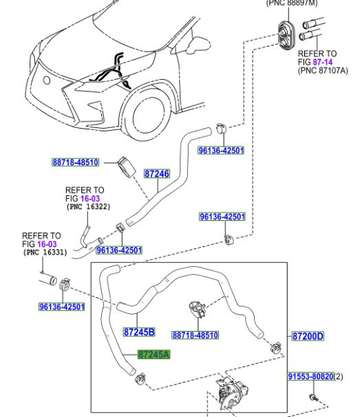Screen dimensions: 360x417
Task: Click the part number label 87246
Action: click(x=157, y=173)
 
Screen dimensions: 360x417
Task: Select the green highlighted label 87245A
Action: click(x=153, y=354)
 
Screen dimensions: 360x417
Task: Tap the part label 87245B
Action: click(x=139, y=332)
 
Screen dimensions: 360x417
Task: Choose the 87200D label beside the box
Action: click(x=308, y=336)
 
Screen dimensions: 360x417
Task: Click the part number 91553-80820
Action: click(x=310, y=376)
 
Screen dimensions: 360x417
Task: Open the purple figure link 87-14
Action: click(x=323, y=62)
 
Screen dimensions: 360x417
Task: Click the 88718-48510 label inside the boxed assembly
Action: click(x=195, y=335)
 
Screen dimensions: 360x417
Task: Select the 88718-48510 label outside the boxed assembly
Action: click(x=75, y=162)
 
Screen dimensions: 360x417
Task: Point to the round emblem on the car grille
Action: click(x=47, y=80)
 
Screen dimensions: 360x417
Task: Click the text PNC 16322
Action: click(x=89, y=206)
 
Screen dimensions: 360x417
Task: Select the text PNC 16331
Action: click(x=45, y=252)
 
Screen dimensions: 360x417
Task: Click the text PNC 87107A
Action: click(x=323, y=70)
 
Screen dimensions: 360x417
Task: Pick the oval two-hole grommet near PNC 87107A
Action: click(x=286, y=35)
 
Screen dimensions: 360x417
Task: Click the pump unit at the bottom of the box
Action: click(x=231, y=393)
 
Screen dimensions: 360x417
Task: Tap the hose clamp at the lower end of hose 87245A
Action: click(x=140, y=378)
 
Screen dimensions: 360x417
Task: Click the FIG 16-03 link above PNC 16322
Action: click(x=83, y=198)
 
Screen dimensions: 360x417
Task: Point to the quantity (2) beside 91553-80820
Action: click(x=339, y=376)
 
